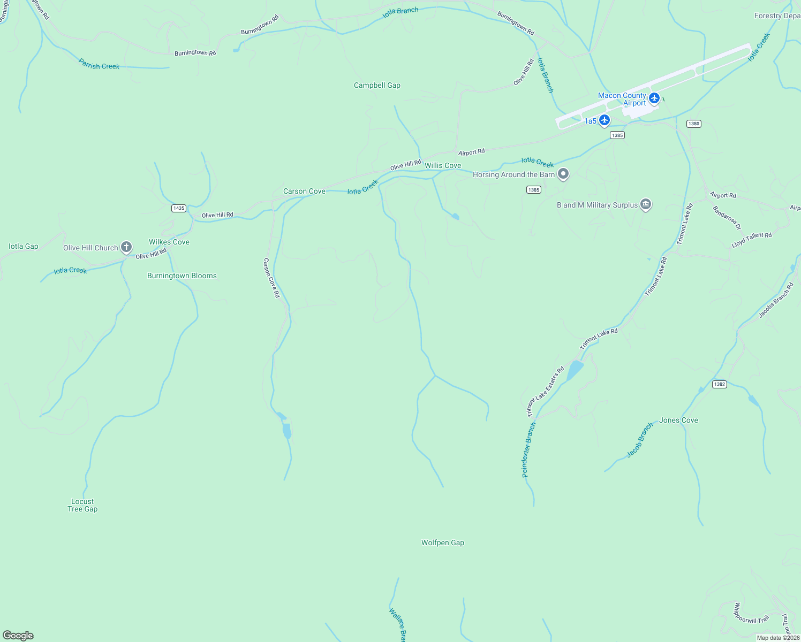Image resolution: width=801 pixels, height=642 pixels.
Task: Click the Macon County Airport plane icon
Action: point(654,98)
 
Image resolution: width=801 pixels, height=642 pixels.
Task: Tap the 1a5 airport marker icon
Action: point(604,120)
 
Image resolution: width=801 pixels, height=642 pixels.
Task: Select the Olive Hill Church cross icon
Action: point(126,247)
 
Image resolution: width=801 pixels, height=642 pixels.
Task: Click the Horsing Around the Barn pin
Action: point(563,174)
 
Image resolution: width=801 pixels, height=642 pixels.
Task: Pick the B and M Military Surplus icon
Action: point(646,204)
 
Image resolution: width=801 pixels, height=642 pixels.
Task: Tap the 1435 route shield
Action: point(179,208)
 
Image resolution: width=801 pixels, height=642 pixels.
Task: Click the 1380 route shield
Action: point(693,124)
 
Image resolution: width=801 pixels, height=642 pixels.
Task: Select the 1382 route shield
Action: point(719,384)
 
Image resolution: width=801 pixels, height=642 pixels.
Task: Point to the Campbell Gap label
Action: point(377,85)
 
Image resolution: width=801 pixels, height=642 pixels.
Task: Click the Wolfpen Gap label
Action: point(442,542)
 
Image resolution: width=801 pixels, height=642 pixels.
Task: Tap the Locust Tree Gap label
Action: point(82,505)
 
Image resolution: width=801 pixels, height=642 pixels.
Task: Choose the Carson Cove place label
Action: point(304,191)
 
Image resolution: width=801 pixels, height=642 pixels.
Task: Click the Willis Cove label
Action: point(442,165)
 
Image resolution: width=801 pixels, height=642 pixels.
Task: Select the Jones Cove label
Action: point(678,420)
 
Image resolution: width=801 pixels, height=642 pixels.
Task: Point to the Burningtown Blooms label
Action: point(182,276)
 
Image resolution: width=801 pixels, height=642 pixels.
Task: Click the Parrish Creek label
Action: point(99,64)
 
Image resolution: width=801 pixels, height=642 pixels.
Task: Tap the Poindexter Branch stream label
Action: point(528,450)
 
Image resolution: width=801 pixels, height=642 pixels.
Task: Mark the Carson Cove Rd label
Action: point(271,278)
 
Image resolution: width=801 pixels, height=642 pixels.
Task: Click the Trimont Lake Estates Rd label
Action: point(546,392)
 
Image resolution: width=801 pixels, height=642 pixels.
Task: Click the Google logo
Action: point(18,636)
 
